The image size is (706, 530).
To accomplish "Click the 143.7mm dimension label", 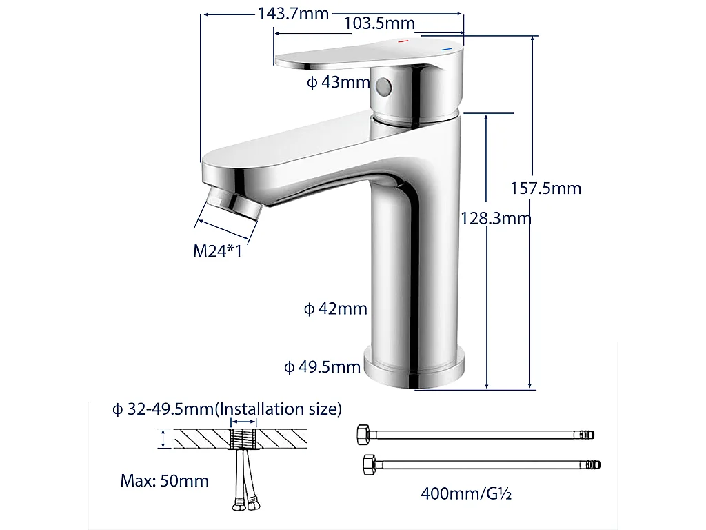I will [293, 14].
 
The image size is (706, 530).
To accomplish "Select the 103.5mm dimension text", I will [379, 23].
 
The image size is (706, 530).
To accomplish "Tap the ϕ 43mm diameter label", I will [339, 83].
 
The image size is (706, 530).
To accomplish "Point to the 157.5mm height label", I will [545, 188].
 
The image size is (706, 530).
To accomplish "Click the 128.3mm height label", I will [496, 219].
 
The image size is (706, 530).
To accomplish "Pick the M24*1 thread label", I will [217, 251].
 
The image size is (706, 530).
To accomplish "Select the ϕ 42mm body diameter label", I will [336, 308].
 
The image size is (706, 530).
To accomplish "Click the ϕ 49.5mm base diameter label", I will [323, 366].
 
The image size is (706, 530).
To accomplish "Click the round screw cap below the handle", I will [383, 86].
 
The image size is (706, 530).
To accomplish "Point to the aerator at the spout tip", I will [234, 205].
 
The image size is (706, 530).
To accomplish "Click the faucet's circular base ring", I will [414, 370].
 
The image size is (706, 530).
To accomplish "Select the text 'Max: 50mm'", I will [164, 480].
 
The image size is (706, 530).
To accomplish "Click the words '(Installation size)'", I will [279, 409].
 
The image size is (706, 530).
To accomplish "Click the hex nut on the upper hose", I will [363, 435].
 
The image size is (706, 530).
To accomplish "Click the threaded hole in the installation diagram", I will [243, 438].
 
